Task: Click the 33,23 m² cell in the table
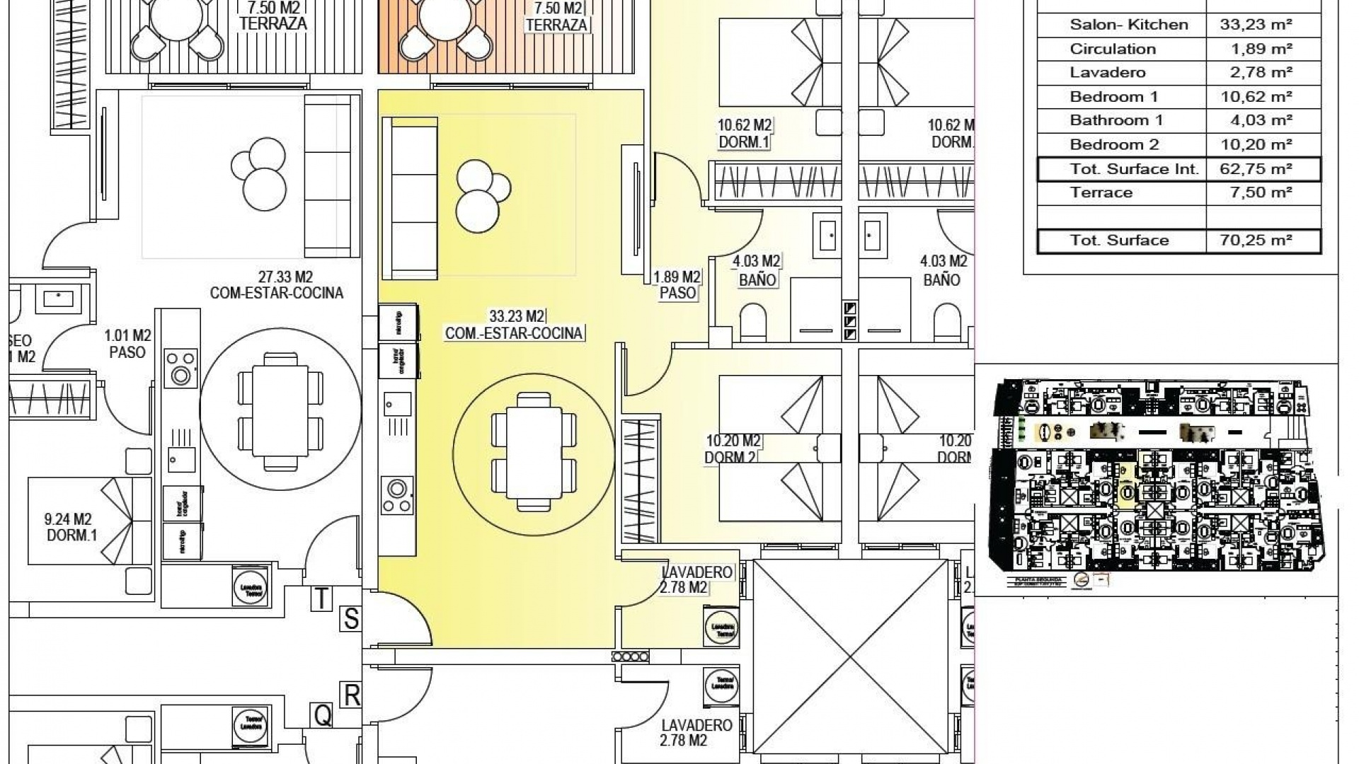1256,25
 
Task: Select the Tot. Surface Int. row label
1134,169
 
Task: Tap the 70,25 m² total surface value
1256,241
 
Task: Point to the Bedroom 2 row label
1114,145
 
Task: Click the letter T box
321,598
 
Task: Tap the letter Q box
322,716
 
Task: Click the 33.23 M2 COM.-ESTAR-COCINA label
514,325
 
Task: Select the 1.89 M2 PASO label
677,284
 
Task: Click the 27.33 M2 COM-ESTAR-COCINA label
276,285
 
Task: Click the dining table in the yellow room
534,451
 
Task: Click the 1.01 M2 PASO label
127,344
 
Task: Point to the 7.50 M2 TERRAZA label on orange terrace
557,16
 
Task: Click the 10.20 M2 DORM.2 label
732,449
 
